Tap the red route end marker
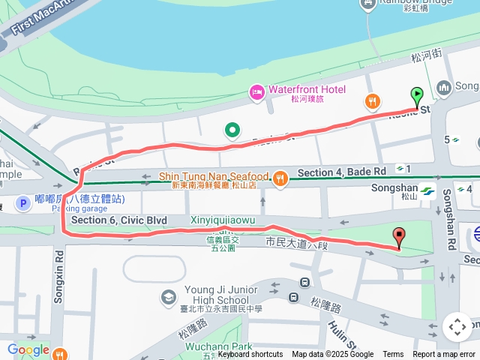(x=399, y=237)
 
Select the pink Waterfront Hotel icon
(x=256, y=91)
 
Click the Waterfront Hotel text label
(x=307, y=90)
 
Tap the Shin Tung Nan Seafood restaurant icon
(x=280, y=178)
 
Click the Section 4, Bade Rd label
(x=341, y=172)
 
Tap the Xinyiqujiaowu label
(x=223, y=220)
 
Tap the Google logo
(x=28, y=349)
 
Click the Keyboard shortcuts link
(x=250, y=355)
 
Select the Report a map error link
(x=444, y=355)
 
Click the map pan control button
(x=457, y=327)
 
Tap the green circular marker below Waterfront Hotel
(x=232, y=131)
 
